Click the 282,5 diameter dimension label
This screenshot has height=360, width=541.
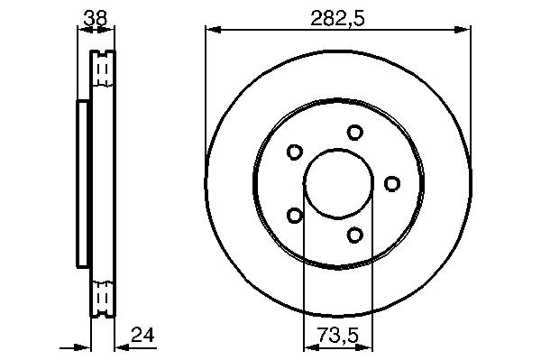(337, 18)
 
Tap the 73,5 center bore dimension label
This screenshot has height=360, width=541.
(338, 335)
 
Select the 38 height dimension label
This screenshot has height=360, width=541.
(96, 18)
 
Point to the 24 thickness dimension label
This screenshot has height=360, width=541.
(142, 335)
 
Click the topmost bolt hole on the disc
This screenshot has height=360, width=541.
(354, 133)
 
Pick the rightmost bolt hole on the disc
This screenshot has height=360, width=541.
(392, 184)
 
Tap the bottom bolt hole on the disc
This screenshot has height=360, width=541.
(354, 235)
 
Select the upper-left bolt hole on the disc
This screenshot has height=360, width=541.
(295, 152)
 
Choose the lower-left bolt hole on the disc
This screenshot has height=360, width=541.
(295, 216)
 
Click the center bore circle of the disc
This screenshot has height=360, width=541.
(338, 149)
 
